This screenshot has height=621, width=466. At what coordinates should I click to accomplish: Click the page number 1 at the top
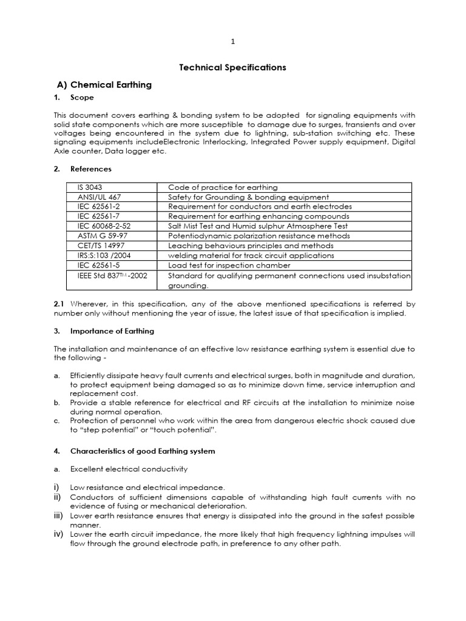(x=232, y=42)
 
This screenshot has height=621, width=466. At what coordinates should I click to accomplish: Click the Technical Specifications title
(x=232, y=67)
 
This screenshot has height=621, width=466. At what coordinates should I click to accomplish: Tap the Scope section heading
(x=82, y=98)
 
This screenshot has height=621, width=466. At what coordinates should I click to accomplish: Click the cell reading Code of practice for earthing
(x=223, y=187)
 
